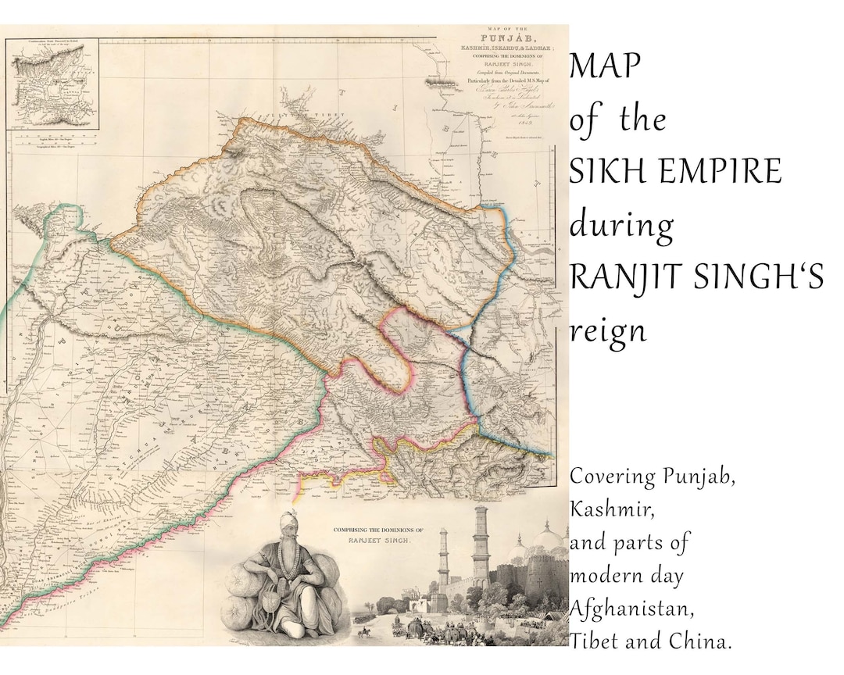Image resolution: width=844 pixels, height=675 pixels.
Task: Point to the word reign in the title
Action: [608, 331]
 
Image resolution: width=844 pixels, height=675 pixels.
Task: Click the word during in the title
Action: [620, 226]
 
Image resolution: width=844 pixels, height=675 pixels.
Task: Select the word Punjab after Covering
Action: [699, 477]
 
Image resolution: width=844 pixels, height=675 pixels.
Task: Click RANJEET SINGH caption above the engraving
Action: [373, 540]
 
